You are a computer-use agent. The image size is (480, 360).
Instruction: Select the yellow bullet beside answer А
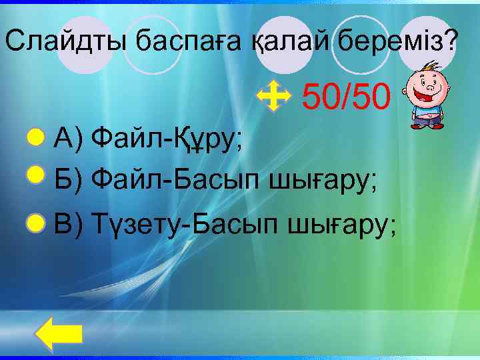tap(35, 138)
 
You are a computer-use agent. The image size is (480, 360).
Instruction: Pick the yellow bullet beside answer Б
tap(35, 175)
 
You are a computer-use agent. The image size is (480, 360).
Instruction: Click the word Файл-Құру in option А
tap(167, 139)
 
